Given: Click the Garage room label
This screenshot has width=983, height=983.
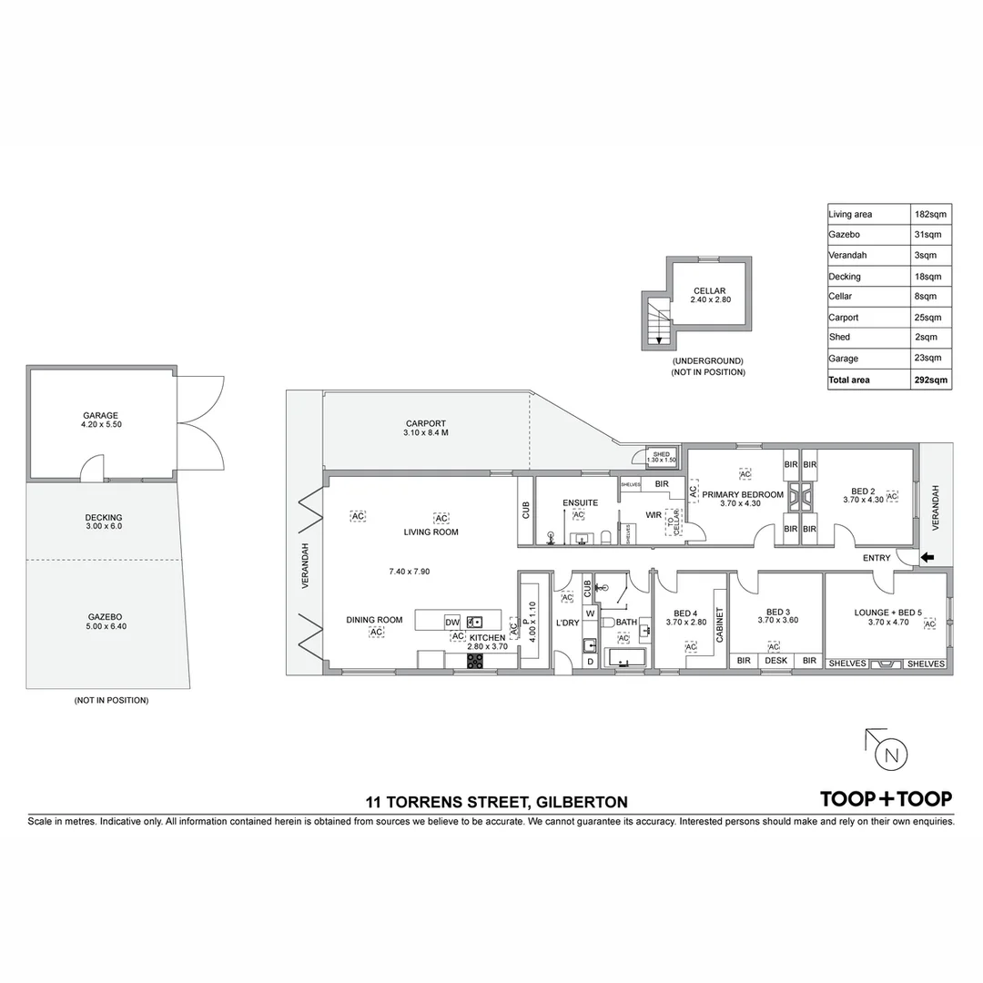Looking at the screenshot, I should click(x=100, y=416).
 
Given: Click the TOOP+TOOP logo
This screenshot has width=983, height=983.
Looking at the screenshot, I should click(x=886, y=799).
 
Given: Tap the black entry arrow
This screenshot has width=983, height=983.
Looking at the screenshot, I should click(x=927, y=558).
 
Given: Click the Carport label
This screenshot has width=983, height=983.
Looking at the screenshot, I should click(x=425, y=423).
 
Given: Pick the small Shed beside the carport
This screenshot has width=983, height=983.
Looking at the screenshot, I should click(x=661, y=457).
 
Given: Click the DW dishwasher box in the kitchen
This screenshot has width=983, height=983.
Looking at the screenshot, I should click(x=452, y=622).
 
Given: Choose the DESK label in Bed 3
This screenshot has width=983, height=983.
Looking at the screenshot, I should click(x=775, y=662).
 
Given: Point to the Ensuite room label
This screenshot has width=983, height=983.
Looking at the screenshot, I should click(x=580, y=502).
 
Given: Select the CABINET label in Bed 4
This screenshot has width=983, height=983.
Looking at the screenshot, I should click(x=718, y=625).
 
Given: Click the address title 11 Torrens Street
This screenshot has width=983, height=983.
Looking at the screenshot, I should click(x=496, y=802).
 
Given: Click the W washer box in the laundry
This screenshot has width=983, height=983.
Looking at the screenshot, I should click(x=590, y=613).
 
